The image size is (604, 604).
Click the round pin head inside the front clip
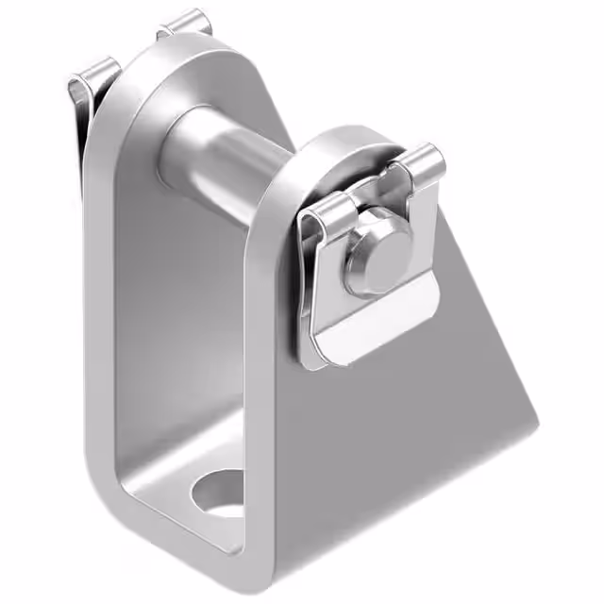375,258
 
